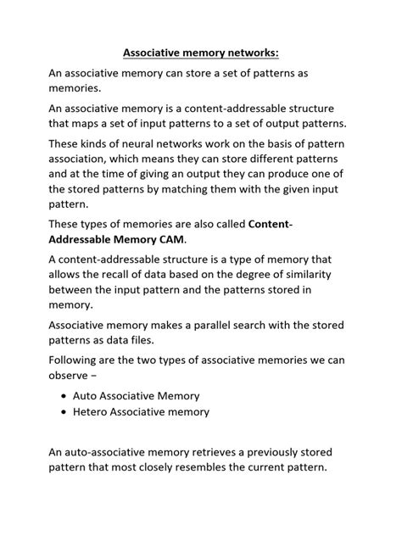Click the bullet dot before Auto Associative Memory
click(68, 396)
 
